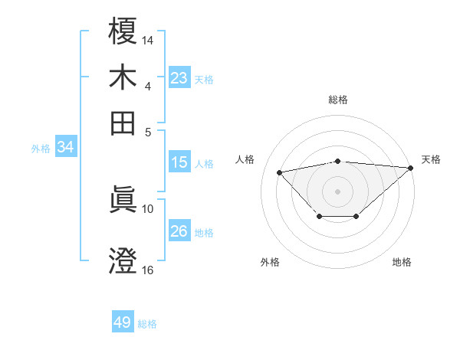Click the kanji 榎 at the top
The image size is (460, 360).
(x=123, y=31)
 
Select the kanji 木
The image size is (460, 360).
(x=123, y=77)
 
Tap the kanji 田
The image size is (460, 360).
(x=123, y=123)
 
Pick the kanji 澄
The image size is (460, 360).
(x=123, y=260)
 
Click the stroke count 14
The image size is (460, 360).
(x=148, y=38)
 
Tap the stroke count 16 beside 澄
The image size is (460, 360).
(x=148, y=269)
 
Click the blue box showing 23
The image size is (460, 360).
(x=179, y=78)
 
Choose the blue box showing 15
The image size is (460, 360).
(x=179, y=162)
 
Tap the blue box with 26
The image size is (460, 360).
(x=179, y=231)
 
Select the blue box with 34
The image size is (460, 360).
(x=65, y=148)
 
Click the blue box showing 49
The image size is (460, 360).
(x=123, y=322)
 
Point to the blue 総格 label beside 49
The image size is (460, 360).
(x=147, y=324)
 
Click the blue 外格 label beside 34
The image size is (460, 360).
(x=41, y=149)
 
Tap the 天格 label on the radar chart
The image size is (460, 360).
(x=431, y=159)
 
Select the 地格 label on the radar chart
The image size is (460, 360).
(x=402, y=263)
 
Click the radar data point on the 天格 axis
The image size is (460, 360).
(x=410, y=168)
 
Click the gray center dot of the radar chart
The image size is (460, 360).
(x=338, y=190)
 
